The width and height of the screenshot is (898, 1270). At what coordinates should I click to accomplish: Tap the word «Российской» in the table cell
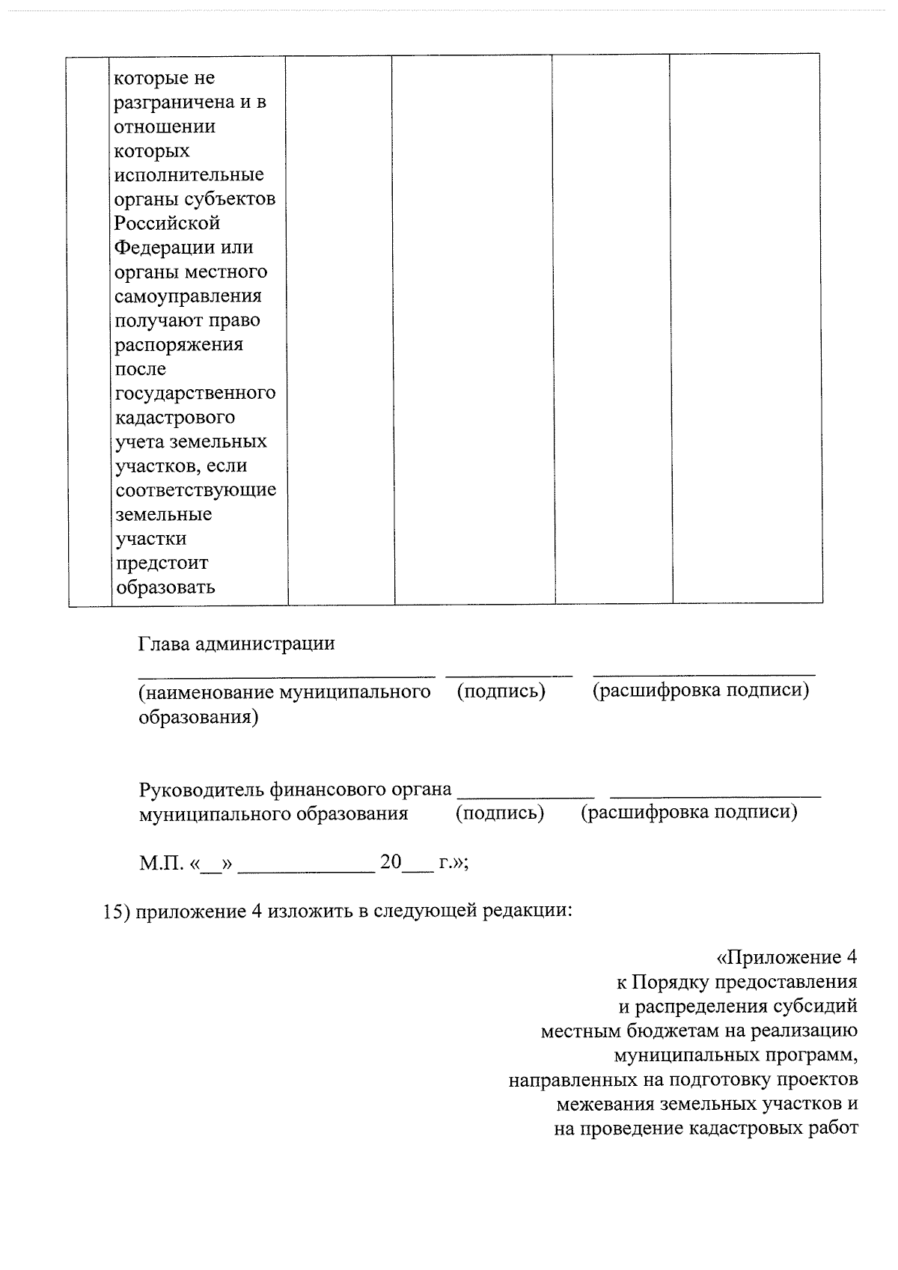pos(167,223)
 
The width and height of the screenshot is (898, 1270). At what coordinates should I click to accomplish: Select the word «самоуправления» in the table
pos(188,296)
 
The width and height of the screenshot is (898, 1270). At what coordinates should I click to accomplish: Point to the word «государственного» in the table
pos(195,393)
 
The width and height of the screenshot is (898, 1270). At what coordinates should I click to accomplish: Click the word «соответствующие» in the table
pos(195,490)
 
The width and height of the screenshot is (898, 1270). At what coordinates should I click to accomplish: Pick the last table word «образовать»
pos(164,587)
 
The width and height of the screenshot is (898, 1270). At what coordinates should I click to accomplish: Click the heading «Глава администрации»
pos(236,644)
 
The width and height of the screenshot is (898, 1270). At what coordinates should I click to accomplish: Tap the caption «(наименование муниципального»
pos(284,692)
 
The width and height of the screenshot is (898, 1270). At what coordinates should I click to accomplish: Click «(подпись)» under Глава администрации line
pos(501,691)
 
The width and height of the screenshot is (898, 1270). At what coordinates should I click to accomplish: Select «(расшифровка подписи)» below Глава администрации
pos(700,690)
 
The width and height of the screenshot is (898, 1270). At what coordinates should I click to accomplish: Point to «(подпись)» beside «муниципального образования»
pos(500,813)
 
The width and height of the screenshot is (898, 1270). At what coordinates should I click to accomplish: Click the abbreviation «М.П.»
pos(161,863)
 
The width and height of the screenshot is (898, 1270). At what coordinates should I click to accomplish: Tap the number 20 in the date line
pos(391,861)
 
